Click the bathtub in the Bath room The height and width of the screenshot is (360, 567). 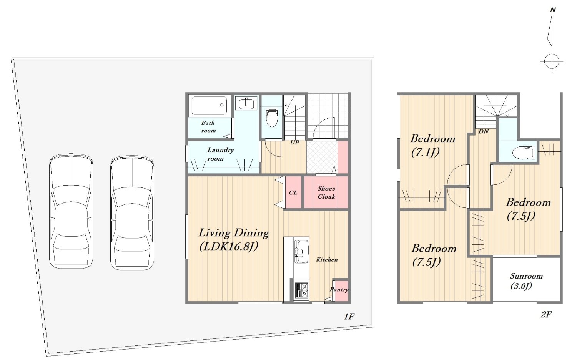(x=209, y=106)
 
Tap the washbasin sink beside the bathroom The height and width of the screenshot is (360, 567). (x=246, y=103)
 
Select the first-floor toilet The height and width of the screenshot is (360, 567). (x=272, y=118)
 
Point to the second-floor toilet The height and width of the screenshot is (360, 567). (x=524, y=153)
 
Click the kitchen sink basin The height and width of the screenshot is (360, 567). (x=301, y=251)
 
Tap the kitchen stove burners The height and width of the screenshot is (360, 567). (x=301, y=291)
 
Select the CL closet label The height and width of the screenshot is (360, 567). (x=293, y=193)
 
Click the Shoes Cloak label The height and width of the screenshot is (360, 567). (x=326, y=192)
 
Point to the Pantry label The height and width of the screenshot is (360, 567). (x=339, y=289)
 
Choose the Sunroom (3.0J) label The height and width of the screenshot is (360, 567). (x=526, y=281)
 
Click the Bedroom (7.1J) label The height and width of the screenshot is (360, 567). (x=432, y=146)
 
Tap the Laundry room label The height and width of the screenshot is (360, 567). (x=221, y=154)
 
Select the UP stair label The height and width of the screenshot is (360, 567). (x=294, y=143)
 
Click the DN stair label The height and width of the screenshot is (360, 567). (x=483, y=131)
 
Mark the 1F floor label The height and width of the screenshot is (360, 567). (x=349, y=316)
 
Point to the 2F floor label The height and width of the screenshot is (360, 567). (x=546, y=314)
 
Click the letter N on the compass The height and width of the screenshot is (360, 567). (x=553, y=10)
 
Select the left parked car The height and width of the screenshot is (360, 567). (x=71, y=211)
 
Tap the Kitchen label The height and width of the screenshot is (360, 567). (x=327, y=260)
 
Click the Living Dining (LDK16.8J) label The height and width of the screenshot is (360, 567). (x=233, y=240)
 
